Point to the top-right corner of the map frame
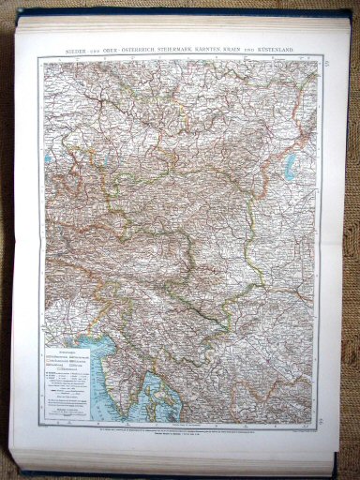pos(324,56)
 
